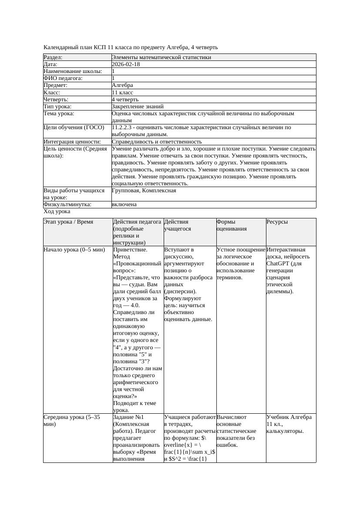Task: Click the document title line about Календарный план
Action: pyautogui.click(x=131, y=47)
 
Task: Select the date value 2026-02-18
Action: pyautogui.click(x=126, y=64)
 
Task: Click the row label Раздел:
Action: pyautogui.click(x=53, y=57)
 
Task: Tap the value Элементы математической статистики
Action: pyautogui.click(x=161, y=57)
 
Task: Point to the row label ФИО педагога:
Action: pyautogui.click(x=63, y=78)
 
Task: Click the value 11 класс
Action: pyautogui.click(x=122, y=93)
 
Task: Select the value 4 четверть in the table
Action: pyautogui.click(x=125, y=100)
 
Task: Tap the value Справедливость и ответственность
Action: pyautogui.click(x=157, y=142)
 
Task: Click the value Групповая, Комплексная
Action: pyautogui.click(x=144, y=191)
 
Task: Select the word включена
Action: pyautogui.click(x=124, y=204)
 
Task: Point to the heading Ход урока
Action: pyautogui.click(x=57, y=211)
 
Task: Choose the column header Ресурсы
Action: pyautogui.click(x=277, y=222)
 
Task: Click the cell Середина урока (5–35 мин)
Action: pyautogui.click(x=72, y=420)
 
